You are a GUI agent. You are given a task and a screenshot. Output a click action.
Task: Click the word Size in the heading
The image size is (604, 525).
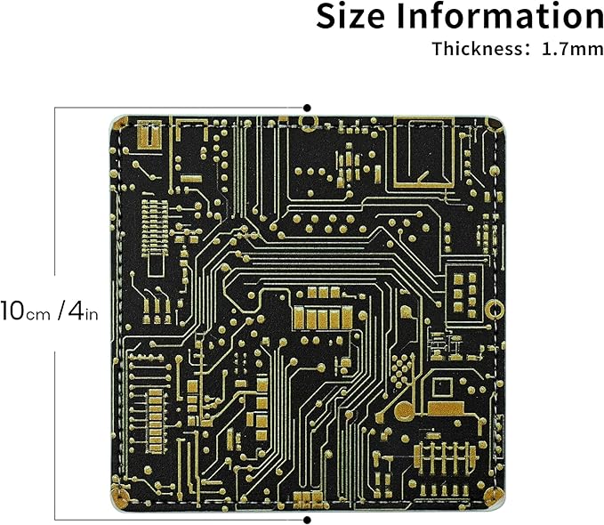[x=350, y=16]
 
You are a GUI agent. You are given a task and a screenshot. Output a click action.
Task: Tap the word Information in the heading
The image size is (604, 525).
[x=500, y=16]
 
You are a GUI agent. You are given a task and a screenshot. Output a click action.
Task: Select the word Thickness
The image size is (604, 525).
[x=478, y=49]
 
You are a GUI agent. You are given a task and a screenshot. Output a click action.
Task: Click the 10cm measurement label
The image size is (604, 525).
[x=25, y=311]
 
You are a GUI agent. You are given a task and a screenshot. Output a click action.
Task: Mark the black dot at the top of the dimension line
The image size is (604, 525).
[x=307, y=108]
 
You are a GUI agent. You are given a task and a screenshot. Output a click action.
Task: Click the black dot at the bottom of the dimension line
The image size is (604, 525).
[x=307, y=520]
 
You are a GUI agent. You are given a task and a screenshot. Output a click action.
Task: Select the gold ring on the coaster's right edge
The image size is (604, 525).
[x=495, y=310]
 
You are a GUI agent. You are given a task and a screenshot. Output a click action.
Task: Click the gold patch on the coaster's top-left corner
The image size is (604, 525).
[x=120, y=124]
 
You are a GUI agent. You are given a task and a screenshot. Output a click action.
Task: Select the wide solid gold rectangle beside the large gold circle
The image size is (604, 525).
[x=446, y=408]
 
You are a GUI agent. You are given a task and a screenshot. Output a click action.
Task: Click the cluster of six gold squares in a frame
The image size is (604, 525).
[x=465, y=292]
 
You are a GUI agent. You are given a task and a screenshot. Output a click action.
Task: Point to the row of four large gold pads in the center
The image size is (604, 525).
[x=323, y=319]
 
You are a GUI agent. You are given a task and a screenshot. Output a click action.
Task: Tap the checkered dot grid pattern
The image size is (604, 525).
[x=400, y=367]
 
